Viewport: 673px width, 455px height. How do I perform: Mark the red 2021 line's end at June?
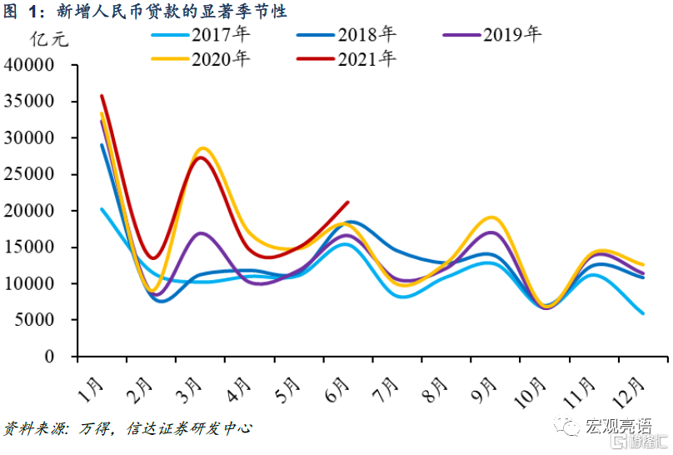[x=347, y=202]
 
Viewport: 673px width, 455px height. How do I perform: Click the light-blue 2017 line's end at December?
[x=642, y=313]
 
